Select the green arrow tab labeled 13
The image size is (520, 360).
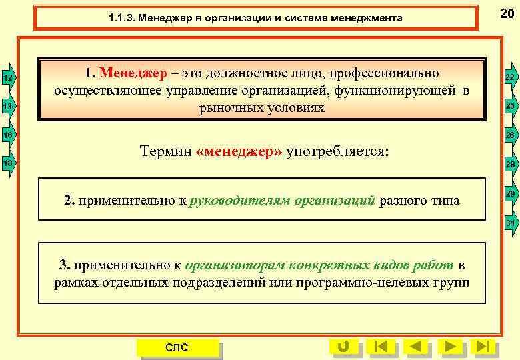pos(7,106)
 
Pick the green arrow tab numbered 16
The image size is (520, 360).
pos(7,134)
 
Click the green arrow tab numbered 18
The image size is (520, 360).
pos(7,162)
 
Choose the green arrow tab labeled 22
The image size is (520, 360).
pos(510,78)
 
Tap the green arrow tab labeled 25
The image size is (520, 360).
pos(510,106)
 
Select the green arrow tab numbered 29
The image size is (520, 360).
pos(510,193)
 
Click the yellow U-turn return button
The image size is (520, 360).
pos(343,346)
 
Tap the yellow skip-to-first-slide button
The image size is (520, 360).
pos(380,346)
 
